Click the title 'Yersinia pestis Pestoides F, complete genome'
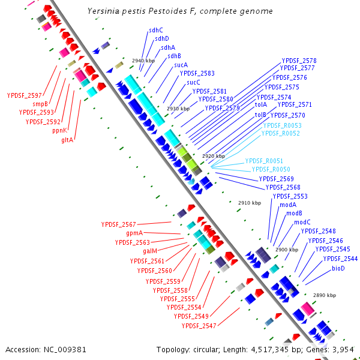(x=180, y=11)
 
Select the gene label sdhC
(x=156, y=30)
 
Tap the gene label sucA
(x=181, y=65)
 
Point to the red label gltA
(x=67, y=139)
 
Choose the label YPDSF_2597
(x=25, y=95)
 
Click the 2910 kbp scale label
(x=250, y=203)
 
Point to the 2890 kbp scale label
(x=325, y=296)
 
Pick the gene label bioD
(x=338, y=268)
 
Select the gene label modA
(x=288, y=205)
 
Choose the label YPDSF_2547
(x=199, y=326)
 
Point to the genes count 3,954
(x=345, y=349)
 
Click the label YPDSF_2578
(x=299, y=61)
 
